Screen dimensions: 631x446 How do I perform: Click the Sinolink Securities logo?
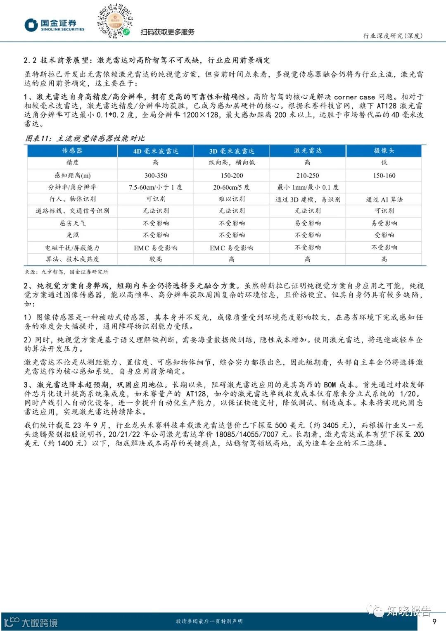[x=54, y=25]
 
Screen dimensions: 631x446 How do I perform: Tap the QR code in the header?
[x=115, y=21]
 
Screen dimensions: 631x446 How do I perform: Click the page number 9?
[x=434, y=621]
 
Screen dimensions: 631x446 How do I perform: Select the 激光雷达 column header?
[x=308, y=151]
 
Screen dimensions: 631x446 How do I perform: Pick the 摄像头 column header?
[x=384, y=151]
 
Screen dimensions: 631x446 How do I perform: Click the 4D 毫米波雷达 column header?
[x=156, y=151]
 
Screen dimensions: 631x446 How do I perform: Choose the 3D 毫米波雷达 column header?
[x=232, y=151]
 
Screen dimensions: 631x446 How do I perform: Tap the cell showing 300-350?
[x=156, y=175]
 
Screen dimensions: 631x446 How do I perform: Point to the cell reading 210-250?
[x=308, y=175]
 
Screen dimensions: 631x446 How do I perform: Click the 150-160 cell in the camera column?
[x=384, y=175]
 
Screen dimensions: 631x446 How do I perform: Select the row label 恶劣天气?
[x=73, y=223]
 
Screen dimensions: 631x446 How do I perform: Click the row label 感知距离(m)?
[x=73, y=175]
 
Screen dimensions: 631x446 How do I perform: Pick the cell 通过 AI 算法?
[x=384, y=199]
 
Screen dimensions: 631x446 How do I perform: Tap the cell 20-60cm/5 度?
[x=232, y=187]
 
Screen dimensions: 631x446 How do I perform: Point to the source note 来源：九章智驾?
[x=66, y=271]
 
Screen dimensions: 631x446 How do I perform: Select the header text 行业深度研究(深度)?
[x=393, y=36]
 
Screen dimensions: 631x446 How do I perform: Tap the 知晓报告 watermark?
[x=403, y=611]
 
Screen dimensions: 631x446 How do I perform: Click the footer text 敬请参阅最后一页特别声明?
[x=209, y=621]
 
